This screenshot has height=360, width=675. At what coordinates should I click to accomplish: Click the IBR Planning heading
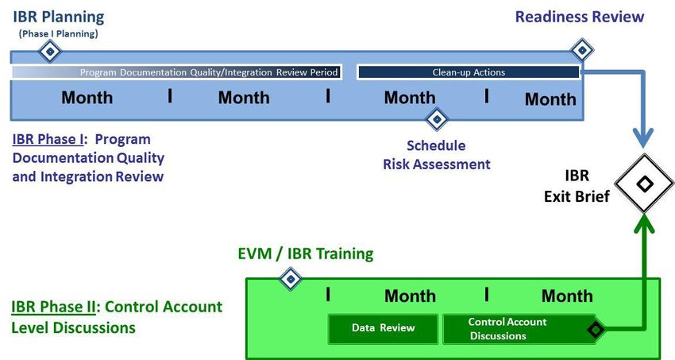point(59,17)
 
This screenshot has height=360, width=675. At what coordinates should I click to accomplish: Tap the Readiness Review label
point(580,17)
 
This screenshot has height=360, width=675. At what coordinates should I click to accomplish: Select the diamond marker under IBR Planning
point(50,52)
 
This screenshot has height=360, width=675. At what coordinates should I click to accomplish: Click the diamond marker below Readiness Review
point(582,50)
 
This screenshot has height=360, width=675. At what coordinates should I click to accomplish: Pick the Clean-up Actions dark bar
point(469,72)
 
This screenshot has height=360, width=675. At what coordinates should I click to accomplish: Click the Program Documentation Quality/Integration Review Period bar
point(176,72)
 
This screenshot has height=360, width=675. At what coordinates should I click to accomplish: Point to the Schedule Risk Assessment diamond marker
point(437,119)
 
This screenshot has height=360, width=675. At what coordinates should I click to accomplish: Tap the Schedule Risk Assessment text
point(437,155)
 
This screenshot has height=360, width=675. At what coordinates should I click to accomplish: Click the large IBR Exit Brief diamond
point(644,184)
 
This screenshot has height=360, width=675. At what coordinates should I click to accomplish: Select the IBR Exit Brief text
point(577,186)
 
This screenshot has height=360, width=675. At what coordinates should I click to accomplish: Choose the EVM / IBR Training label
point(306,254)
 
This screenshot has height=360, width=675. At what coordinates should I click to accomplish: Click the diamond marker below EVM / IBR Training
point(291,279)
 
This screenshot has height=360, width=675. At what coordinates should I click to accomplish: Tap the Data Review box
point(383,329)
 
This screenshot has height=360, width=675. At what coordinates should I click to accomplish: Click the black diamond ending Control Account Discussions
point(596,330)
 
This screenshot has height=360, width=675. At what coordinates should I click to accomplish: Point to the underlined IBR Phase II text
point(53,307)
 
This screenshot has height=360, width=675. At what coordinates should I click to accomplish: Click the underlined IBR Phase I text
point(48,140)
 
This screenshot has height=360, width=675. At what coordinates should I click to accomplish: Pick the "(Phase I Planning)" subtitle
point(59,33)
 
